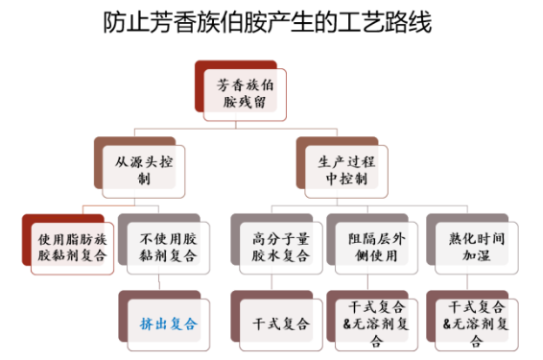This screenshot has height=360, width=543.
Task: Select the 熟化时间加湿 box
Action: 471,247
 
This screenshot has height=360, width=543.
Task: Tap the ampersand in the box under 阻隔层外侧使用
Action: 347,324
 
